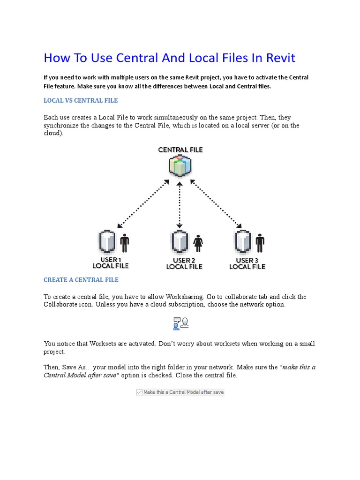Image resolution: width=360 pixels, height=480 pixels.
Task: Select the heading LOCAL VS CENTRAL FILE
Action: pos(81,100)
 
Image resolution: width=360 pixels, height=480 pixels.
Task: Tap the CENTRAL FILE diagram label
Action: pos(180,150)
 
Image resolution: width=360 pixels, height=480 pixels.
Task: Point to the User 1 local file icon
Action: pos(107,242)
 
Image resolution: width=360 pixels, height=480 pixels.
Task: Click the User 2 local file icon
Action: pos(180,242)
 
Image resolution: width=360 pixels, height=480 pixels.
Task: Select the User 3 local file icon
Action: pos(242,242)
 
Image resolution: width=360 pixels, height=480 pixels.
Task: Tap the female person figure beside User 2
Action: pos(198,243)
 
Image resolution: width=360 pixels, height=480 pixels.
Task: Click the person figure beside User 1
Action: pos(124,243)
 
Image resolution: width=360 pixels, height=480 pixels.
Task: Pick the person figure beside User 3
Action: pos(260,243)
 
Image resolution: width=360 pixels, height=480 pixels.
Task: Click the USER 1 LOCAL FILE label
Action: pos(111,263)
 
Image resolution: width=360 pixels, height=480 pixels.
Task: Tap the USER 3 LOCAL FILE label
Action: pos(247,263)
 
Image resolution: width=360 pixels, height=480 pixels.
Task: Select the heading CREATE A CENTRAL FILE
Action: pos(81,280)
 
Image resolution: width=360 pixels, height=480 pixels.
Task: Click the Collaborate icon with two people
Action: pos(180,323)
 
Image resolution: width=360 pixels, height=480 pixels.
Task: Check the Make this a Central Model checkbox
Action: pos(139,392)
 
